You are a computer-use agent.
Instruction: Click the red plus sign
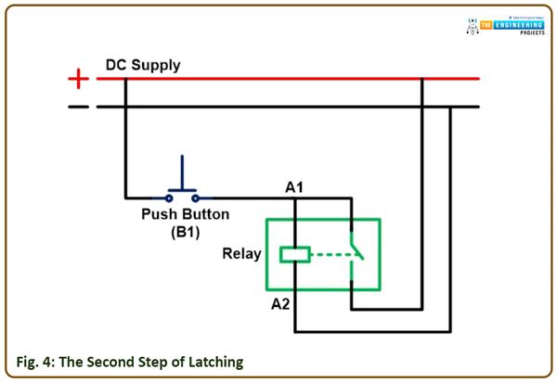click(80, 80)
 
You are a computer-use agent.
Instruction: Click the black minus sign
click(80, 107)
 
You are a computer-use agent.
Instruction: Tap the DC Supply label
click(142, 66)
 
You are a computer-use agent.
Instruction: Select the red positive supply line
click(278, 79)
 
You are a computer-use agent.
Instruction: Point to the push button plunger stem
click(182, 172)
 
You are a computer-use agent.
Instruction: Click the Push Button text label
click(184, 215)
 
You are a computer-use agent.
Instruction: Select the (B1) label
click(184, 232)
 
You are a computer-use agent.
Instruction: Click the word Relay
click(241, 254)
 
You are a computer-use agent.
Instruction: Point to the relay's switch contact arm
click(356, 250)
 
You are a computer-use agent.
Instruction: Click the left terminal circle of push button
click(170, 197)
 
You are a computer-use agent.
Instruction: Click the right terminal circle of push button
click(195, 197)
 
